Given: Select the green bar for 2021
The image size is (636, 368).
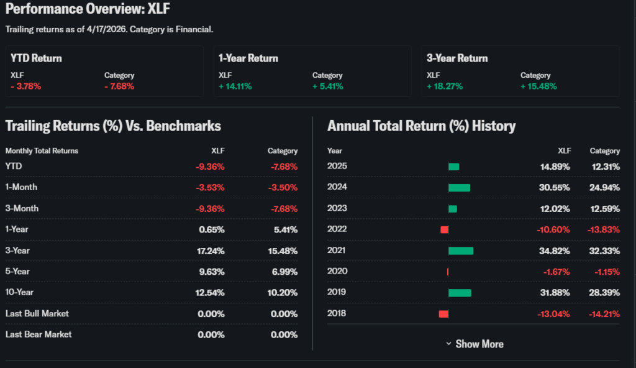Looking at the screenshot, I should pos(461,251).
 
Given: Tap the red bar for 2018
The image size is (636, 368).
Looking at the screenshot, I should pos(443,314).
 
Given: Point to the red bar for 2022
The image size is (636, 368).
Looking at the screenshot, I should pos(445,229).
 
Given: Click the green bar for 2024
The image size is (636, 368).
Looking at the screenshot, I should pos(459,187).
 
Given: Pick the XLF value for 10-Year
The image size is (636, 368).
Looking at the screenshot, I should pos(211,292).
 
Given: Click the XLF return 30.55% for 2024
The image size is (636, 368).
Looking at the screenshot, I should pos(555,187).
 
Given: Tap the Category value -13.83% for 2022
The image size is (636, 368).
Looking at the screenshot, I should pos(603,229).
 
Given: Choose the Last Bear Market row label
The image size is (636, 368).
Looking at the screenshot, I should pos(39,334).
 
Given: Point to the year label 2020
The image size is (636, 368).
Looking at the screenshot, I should pos(337,272).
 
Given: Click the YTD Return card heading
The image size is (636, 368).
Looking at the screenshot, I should pos(36,58).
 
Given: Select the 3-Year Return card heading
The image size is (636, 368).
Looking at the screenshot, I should pos(457,58).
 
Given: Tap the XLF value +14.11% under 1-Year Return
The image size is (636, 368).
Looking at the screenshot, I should pos(235,86).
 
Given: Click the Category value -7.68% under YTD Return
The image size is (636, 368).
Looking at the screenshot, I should pos(119,86).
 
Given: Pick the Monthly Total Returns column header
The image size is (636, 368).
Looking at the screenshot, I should pos(42,150).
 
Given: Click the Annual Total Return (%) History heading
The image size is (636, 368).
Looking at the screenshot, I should pos(421,126).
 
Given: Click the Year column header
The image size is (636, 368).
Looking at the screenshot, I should pos(335,150).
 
